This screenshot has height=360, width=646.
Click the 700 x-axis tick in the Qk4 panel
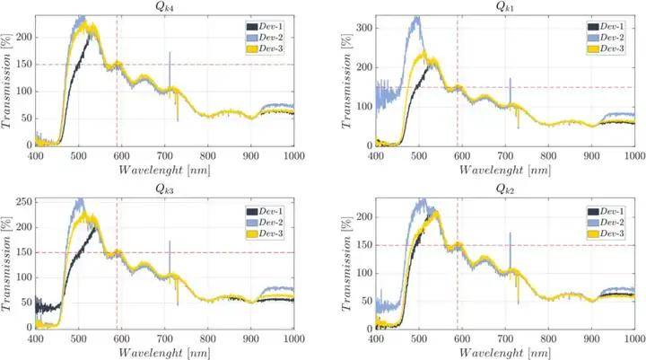[166, 155]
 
